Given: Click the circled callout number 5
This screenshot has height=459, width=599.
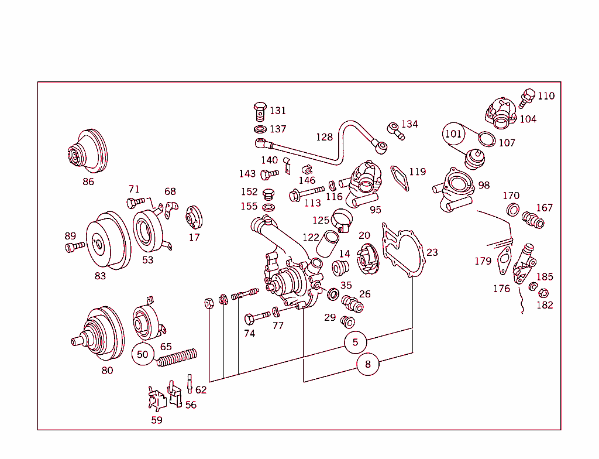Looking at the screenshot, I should click(x=355, y=342).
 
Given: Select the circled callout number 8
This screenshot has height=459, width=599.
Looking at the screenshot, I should click(x=367, y=364).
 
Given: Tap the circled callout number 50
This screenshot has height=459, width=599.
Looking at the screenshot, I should click(x=143, y=354).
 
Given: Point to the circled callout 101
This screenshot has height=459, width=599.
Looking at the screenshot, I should click(x=453, y=133).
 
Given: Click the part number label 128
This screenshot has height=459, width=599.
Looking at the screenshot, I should click(x=324, y=137).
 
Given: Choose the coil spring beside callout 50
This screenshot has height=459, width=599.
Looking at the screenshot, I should click(x=177, y=357).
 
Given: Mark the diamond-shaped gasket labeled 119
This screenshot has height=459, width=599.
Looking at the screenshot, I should click(x=400, y=177).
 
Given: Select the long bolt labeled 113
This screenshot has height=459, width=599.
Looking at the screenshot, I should click(x=305, y=193).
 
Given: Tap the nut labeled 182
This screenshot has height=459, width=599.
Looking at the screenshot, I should click(x=542, y=293).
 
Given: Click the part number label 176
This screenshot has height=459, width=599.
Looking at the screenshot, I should click(x=501, y=289).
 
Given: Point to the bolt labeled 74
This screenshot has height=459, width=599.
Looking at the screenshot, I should click(x=256, y=317).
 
